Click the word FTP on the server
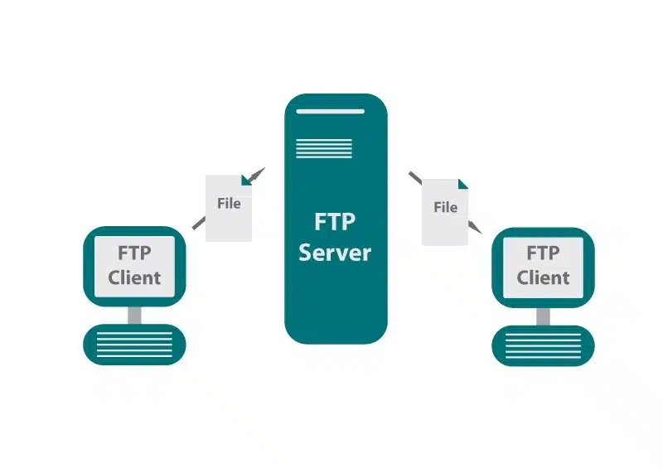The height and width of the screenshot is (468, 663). click(335, 222)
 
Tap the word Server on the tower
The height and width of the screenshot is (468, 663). click(335, 252)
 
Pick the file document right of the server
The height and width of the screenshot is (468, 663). click(445, 211)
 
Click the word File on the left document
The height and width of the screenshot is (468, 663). click(229, 203)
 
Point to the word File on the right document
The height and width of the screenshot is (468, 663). click(446, 207)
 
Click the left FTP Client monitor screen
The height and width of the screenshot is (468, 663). click(134, 265)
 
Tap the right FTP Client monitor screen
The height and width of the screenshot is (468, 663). click(543, 265)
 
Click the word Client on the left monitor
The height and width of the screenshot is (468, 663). click(134, 277)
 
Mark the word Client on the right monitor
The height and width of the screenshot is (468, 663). click(543, 277)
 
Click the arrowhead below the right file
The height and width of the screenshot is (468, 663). click(475, 227)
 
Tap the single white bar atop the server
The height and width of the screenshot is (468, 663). click(335, 110)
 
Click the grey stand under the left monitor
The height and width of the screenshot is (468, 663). click(134, 315)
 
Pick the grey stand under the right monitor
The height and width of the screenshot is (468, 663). click(543, 315)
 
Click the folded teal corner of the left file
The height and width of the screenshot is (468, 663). click(245, 180)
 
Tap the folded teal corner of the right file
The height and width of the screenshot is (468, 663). click(462, 183)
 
